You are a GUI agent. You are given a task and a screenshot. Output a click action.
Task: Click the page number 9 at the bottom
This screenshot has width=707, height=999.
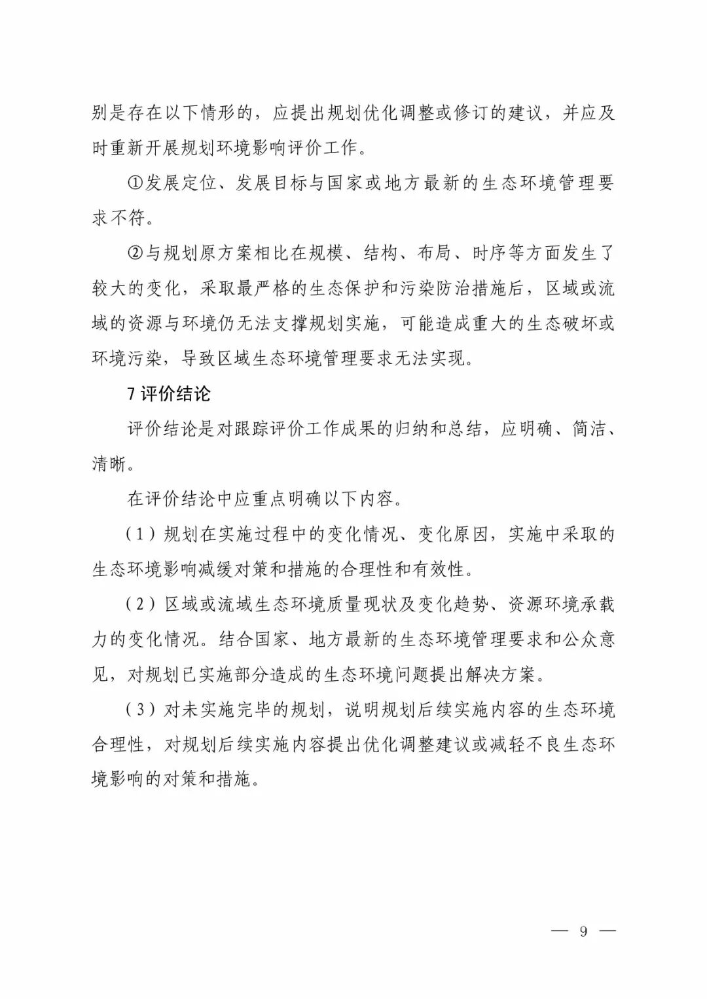pyautogui.click(x=583, y=931)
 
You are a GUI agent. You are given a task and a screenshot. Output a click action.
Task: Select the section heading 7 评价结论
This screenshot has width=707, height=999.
pyautogui.click(x=169, y=394)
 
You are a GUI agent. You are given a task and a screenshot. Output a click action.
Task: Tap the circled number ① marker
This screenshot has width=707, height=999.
pyautogui.click(x=135, y=183)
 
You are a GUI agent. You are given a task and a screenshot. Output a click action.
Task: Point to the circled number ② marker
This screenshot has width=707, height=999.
pyautogui.click(x=135, y=253)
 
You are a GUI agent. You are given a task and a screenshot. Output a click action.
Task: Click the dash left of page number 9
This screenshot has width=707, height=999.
pyautogui.click(x=560, y=931)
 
